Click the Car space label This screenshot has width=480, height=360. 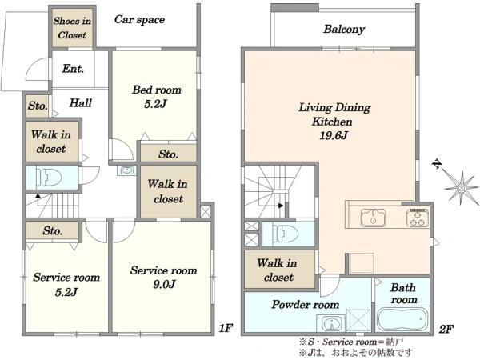coord(139,19)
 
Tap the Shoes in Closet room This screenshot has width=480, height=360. coord(72,28)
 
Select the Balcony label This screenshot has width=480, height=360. coord(344,30)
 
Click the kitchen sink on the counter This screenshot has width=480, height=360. coord(373,218)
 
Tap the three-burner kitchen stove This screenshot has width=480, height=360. coord(418,218)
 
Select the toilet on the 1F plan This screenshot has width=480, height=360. coord(49,178)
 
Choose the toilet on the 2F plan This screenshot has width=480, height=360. coord(286,234)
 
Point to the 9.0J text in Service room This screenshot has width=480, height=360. coord(164,284)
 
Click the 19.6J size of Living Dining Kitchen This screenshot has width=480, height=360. coord(334,135)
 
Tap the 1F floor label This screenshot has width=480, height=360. coord(226,328)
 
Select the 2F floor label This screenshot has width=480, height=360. coord(446,329)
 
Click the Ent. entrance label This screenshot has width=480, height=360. coord(73,69)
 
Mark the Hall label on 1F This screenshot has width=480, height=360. coord(81,103)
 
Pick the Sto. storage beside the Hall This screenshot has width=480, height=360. coord(37,106)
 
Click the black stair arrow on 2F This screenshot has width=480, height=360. coord(281,206)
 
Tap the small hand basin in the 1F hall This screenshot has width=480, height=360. coord(126,170)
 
